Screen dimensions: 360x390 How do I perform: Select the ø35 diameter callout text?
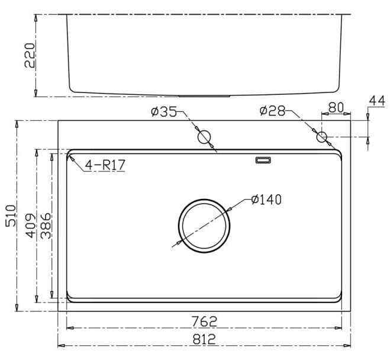164,111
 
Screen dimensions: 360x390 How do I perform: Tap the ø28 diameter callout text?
272,111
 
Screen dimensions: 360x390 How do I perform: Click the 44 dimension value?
376,101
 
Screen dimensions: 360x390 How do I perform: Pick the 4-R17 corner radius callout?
105,165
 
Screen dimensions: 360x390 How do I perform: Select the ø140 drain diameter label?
266,200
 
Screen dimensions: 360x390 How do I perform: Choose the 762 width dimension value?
204,321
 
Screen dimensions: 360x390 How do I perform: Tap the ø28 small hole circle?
322,137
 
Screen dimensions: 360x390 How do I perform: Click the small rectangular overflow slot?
263,160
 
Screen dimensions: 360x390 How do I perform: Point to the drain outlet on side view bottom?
204,95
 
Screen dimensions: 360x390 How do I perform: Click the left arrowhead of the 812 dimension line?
60,345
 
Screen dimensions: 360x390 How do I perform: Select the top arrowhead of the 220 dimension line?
37,18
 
